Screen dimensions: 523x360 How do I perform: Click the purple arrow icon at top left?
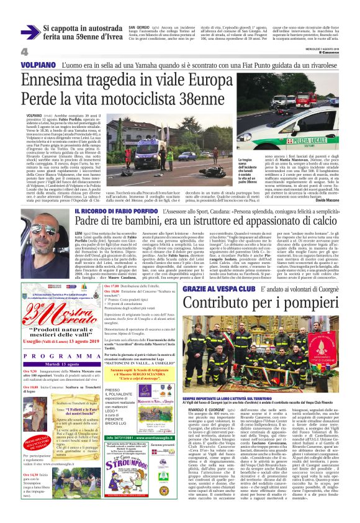[29, 32]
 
